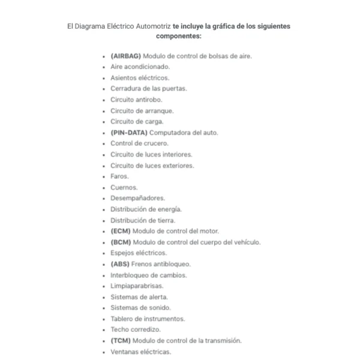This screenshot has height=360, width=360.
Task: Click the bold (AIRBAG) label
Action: [125, 56]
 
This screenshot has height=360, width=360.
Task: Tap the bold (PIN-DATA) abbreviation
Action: [128, 133]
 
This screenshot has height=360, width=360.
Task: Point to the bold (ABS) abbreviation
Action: [120, 264]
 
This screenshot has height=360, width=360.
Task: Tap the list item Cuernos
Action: [124, 188]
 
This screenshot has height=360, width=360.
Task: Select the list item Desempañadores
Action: [137, 198]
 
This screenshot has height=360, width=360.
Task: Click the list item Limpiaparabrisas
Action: [137, 286]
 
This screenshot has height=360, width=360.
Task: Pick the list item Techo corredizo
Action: [136, 330]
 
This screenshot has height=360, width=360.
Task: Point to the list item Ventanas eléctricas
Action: [140, 352]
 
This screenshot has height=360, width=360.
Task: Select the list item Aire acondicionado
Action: [140, 67]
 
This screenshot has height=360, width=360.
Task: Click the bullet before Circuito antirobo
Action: [104, 100]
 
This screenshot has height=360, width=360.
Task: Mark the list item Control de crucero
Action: [139, 143]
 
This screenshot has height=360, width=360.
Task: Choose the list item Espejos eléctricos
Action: [139, 253]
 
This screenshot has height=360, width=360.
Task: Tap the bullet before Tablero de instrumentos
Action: [104, 319]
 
